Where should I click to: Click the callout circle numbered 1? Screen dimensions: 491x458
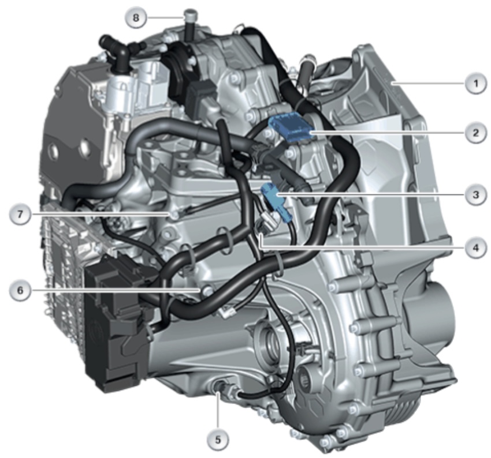click(475, 83)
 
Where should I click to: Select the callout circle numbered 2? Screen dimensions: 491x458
click(475, 133)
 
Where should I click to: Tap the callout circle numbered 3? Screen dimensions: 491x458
click(475, 194)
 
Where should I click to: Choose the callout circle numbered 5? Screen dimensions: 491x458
click(218, 440)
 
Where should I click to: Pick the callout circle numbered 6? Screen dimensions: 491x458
click(20, 290)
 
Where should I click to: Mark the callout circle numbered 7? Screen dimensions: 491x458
click(20, 214)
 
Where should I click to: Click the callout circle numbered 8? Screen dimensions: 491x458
click(136, 17)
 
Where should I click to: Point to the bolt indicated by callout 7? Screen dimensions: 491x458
click(174, 215)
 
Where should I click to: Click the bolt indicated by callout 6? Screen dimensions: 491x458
click(207, 290)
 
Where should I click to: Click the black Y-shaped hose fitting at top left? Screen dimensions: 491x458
click(121, 50)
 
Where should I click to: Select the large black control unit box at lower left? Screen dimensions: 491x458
click(116, 322)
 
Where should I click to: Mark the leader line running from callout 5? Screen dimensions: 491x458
click(218, 410)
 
